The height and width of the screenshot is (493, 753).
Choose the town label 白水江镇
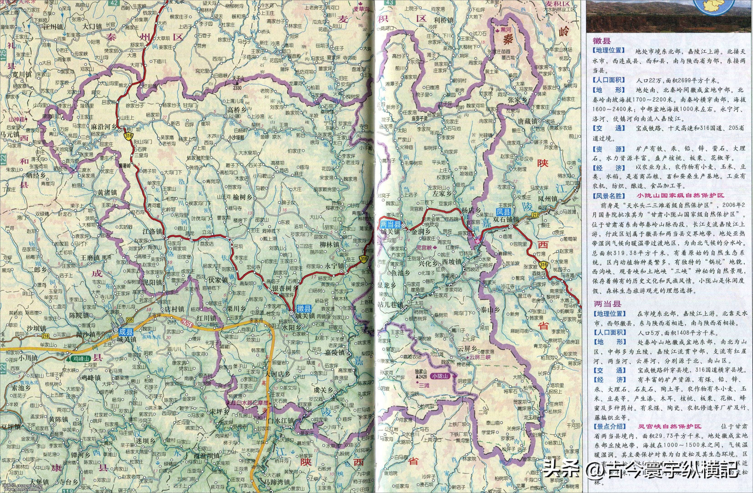[281, 421]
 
